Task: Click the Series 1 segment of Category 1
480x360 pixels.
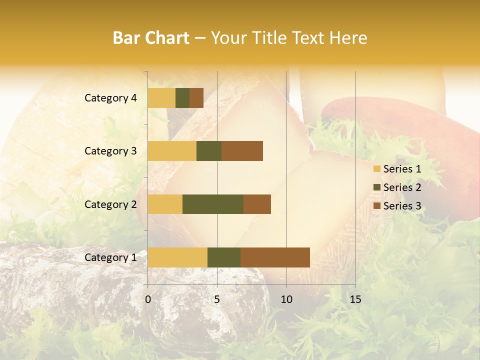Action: pos(177,257)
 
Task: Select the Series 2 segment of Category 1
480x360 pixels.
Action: pos(224,257)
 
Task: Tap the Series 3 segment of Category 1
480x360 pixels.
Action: pos(275,257)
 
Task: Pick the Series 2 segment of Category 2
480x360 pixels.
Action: pos(213,204)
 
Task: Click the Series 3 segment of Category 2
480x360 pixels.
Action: pos(257,204)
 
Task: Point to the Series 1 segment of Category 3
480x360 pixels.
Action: pos(172,151)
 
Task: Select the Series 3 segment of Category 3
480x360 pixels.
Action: pos(242,151)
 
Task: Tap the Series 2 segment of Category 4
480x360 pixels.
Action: pos(182,98)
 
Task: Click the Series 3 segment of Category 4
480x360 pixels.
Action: pos(196,98)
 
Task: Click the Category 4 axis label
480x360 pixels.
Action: pos(110,98)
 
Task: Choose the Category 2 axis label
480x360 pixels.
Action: pos(110,204)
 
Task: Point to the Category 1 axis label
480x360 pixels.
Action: pos(110,257)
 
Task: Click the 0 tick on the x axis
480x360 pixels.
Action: pos(148,299)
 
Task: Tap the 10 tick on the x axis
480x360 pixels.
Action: pos(286,299)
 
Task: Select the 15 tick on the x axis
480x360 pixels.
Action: pos(355,299)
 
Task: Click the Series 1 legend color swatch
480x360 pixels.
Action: pos(376,169)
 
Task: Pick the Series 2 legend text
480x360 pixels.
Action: pos(402,187)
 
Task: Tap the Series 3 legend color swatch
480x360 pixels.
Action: pos(376,206)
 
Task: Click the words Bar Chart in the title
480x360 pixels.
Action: pos(151,38)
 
